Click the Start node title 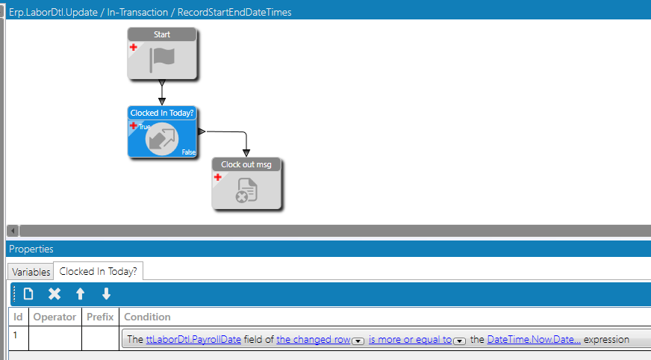tap(161, 34)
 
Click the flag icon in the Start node tap(161, 59)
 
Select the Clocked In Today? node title tap(162, 113)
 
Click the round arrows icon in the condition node tap(162, 138)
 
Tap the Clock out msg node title tap(246, 164)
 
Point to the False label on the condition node tap(188, 152)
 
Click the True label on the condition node tap(145, 127)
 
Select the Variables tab tap(31, 272)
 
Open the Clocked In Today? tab tap(98, 272)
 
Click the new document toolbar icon tap(28, 294)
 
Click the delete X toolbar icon tap(54, 294)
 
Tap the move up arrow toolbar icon tap(81, 294)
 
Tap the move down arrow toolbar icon tap(106, 294)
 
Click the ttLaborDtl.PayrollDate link tap(193, 339)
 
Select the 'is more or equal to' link tap(410, 339)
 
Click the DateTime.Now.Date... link tap(534, 339)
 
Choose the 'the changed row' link tap(314, 339)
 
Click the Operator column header tap(54, 317)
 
